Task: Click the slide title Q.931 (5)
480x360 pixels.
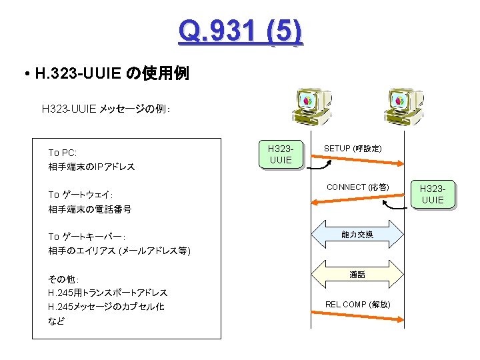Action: click(240, 31)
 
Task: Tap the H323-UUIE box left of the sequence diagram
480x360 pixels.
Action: click(279, 154)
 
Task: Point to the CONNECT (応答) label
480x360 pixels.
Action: click(357, 187)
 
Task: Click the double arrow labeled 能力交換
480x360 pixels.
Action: click(357, 235)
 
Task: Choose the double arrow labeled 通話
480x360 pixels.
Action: click(357, 275)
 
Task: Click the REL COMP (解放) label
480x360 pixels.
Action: click(357, 305)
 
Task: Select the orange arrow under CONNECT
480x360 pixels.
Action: click(357, 201)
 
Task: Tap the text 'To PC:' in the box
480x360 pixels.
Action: click(63, 153)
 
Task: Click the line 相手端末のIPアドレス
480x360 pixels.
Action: click(91, 167)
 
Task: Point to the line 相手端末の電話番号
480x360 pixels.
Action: click(90, 209)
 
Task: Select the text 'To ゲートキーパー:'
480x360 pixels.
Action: click(87, 237)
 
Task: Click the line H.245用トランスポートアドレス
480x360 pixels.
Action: click(107, 293)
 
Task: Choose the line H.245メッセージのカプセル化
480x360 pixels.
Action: click(106, 307)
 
